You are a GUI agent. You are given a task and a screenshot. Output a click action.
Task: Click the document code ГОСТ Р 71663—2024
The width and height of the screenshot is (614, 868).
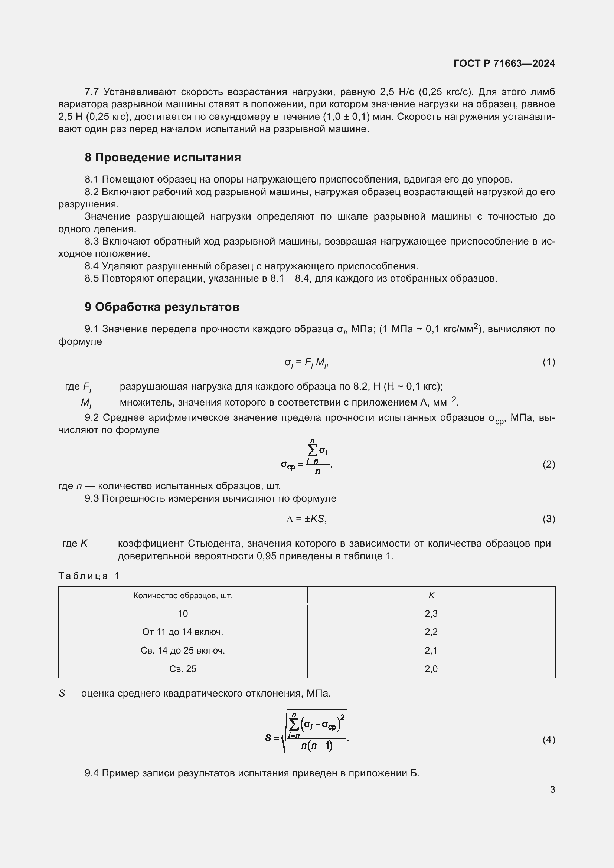[x=504, y=63]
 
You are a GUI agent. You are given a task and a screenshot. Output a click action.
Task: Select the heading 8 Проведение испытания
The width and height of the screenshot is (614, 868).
[x=163, y=157]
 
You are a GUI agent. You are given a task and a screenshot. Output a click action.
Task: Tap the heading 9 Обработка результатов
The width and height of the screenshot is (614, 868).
[x=162, y=307]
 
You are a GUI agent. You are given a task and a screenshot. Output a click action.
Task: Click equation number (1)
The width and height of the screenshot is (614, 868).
[x=549, y=362]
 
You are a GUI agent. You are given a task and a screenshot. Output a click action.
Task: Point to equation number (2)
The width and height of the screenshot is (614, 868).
[x=549, y=464]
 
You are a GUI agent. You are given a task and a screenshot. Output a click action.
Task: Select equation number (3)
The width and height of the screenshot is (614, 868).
[x=549, y=519]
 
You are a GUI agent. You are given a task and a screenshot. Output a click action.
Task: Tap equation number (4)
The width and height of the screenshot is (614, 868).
[x=549, y=740]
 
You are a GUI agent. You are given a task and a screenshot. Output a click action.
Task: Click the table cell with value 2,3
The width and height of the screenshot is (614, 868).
[x=431, y=613]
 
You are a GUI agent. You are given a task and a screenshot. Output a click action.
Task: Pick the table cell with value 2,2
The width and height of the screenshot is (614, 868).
[x=431, y=632]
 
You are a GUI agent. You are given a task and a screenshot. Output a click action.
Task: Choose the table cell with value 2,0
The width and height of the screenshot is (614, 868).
[x=431, y=669]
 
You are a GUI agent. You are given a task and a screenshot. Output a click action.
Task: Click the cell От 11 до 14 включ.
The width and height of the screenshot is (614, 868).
[x=183, y=632]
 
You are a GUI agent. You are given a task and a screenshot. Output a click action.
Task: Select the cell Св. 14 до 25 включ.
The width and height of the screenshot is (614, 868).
[x=183, y=650]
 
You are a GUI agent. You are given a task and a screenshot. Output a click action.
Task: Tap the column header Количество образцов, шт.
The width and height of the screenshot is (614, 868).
[x=183, y=595]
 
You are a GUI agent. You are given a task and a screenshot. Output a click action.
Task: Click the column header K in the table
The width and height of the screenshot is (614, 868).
[x=431, y=595]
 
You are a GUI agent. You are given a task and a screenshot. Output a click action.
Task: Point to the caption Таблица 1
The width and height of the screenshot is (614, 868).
[x=89, y=576]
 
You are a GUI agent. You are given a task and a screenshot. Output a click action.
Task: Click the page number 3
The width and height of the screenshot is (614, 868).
[x=552, y=789]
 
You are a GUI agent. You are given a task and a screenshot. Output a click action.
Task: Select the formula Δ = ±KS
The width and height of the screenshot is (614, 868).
[x=307, y=519]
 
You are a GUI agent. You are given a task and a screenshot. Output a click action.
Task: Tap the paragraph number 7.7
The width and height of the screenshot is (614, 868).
[x=92, y=92]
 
